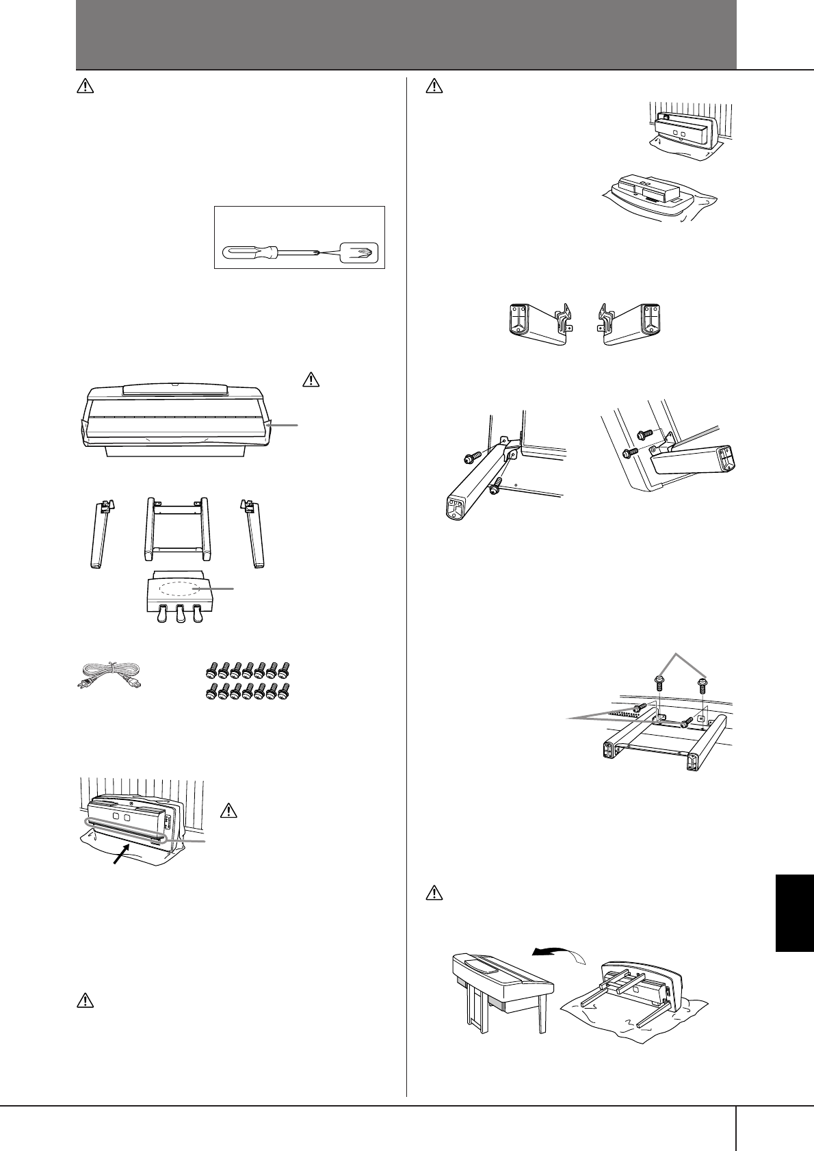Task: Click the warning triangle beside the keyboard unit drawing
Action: point(310,378)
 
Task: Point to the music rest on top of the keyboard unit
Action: point(174,389)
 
